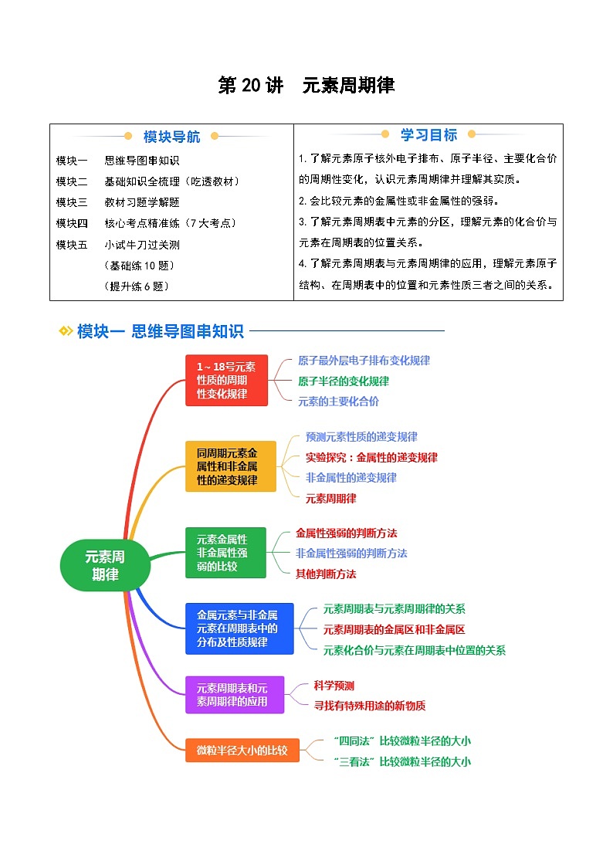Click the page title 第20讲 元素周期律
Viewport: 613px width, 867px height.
click(x=306, y=86)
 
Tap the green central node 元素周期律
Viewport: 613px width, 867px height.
click(x=105, y=566)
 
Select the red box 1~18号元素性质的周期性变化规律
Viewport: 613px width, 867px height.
click(x=226, y=380)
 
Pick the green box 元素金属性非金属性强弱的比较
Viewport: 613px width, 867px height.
click(x=225, y=553)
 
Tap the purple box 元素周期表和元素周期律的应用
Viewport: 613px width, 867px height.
click(x=235, y=694)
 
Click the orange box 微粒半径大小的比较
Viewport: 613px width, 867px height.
click(x=242, y=750)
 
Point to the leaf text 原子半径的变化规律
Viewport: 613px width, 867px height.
click(x=344, y=381)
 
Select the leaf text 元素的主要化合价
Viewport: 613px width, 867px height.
click(x=339, y=401)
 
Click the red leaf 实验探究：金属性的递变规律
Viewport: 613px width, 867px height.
click(x=371, y=457)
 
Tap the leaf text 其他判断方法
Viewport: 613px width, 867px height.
click(x=326, y=574)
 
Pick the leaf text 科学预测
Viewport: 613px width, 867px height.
click(x=334, y=685)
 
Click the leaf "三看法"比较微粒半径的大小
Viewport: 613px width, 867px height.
click(x=402, y=761)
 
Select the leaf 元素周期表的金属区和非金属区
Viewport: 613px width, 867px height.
click(x=395, y=629)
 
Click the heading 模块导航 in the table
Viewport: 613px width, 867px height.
click(x=171, y=137)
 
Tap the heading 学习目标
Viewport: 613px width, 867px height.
click(x=428, y=135)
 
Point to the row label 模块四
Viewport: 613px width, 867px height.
click(x=72, y=223)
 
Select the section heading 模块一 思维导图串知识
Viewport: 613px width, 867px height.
click(x=161, y=331)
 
